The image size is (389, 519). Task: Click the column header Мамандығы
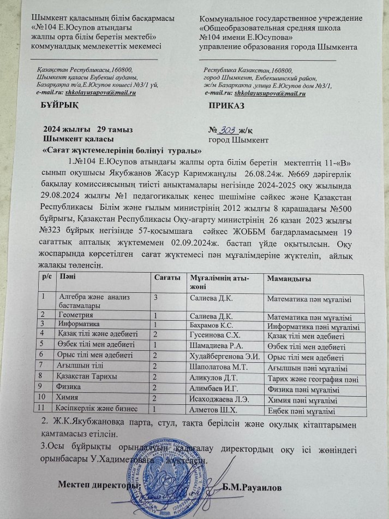tap(288, 279)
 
